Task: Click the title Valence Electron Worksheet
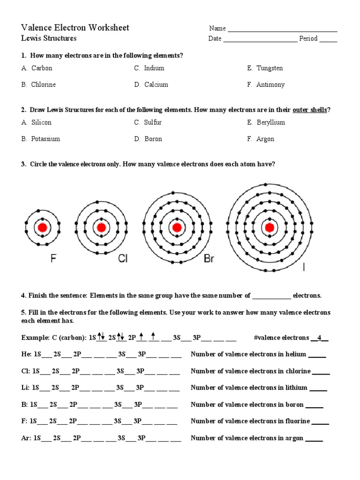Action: point(75,28)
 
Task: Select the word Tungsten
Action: point(270,68)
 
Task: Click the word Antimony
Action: point(270,85)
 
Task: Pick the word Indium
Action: point(154,68)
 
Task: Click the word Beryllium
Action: point(270,122)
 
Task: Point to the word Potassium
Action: point(45,139)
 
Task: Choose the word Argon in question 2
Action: point(265,139)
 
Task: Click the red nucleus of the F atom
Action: point(42,228)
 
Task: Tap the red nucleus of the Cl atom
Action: point(101,228)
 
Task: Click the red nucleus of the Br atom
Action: point(177,228)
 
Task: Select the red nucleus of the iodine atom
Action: point(269,228)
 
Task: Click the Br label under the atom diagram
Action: point(209,258)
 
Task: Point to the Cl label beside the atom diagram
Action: point(122,258)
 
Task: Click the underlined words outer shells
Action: point(309,110)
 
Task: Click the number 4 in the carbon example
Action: point(319,337)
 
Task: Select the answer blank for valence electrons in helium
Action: point(317,355)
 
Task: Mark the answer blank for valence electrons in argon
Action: point(314,439)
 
